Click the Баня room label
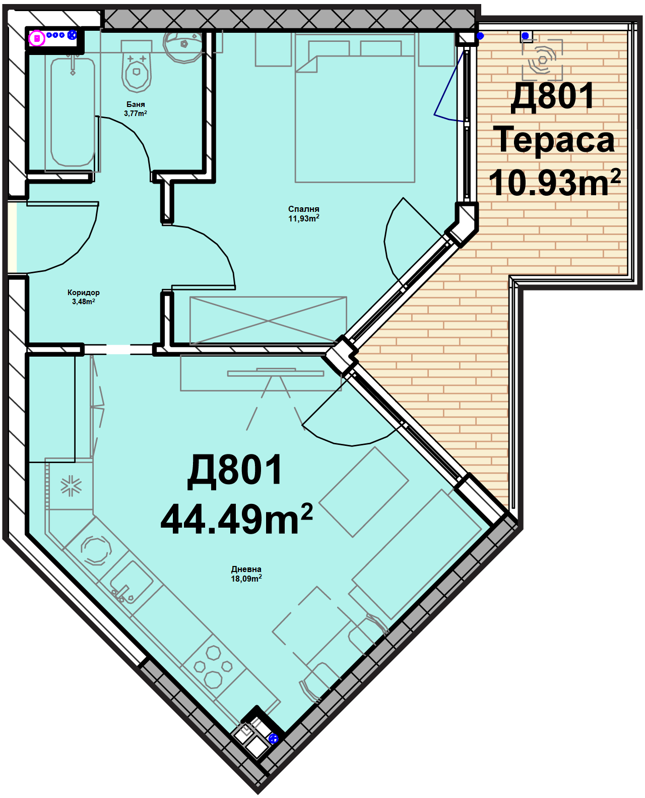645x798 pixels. pyautogui.click(x=136, y=104)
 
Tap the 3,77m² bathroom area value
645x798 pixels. pyautogui.click(x=136, y=113)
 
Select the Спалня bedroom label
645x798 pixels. pyautogui.click(x=303, y=209)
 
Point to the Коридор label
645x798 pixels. pyautogui.click(x=84, y=293)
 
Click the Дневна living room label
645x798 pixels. pyautogui.click(x=246, y=569)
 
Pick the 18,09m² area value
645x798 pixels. pyautogui.click(x=246, y=579)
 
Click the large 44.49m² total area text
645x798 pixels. pyautogui.click(x=236, y=519)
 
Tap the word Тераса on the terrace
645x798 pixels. pyautogui.click(x=554, y=141)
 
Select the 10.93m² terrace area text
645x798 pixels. pyautogui.click(x=554, y=183)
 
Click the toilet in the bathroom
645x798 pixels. pyautogui.click(x=136, y=67)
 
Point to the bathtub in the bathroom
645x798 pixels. pyautogui.click(x=73, y=112)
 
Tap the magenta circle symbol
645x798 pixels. pyautogui.click(x=37, y=38)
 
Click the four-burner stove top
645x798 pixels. pyautogui.click(x=213, y=666)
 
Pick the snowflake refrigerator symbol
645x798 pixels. pyautogui.click(x=71, y=486)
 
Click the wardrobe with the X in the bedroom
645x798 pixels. pyautogui.click(x=268, y=321)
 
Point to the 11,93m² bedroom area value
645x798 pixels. pyautogui.click(x=303, y=218)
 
